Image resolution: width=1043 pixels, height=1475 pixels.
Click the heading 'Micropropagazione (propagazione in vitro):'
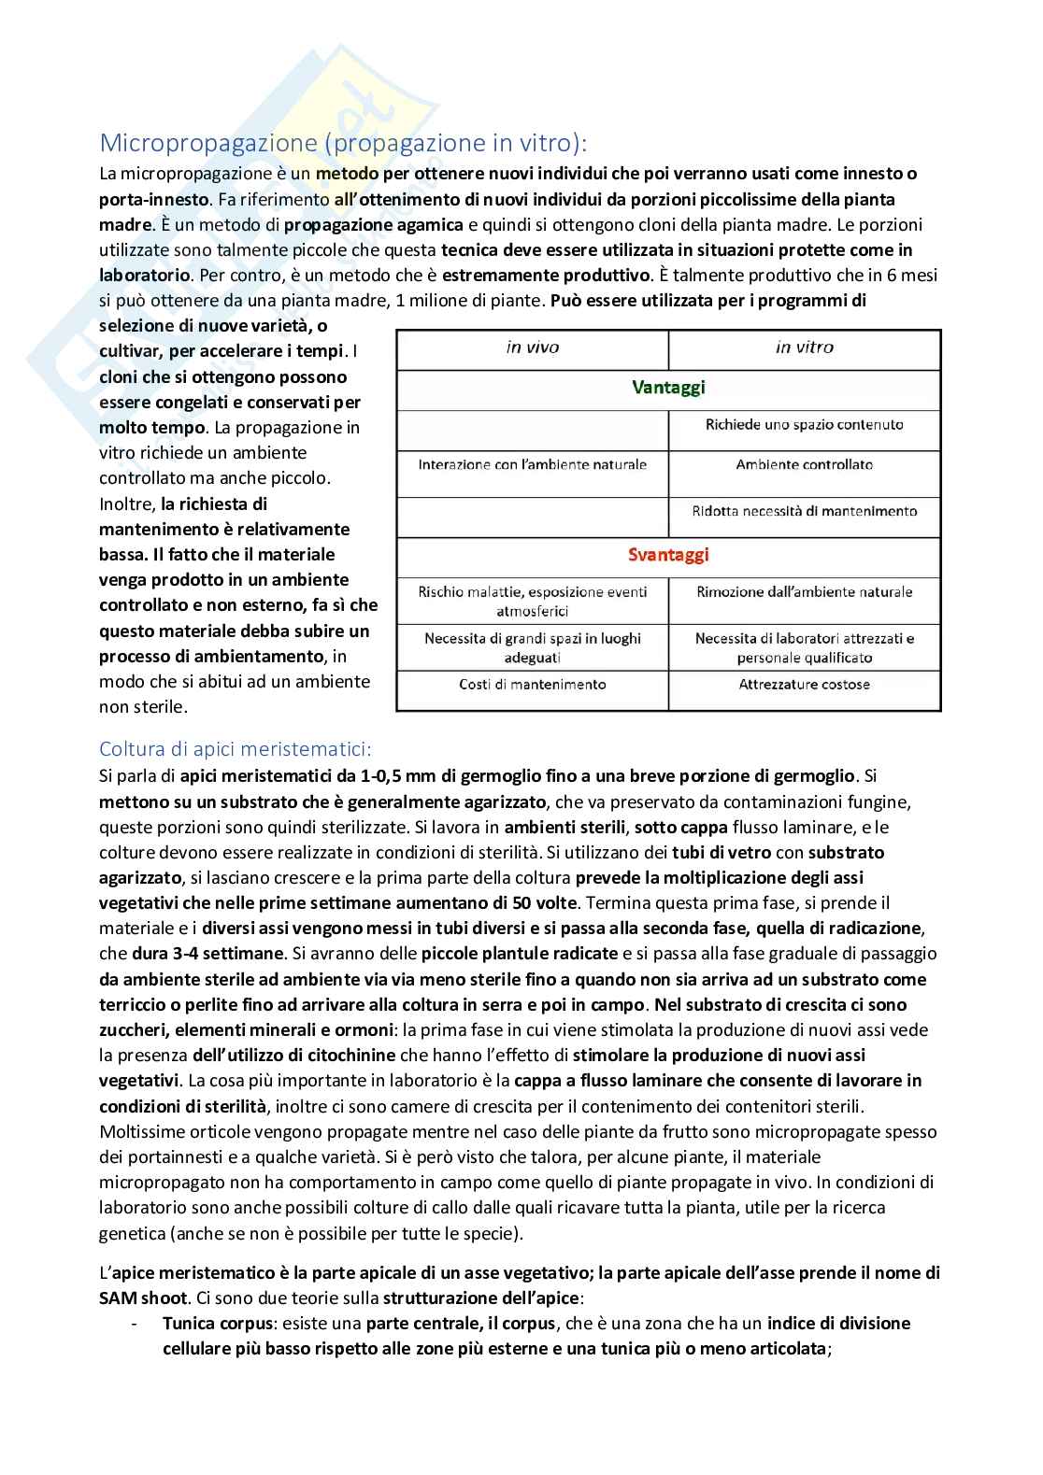(x=344, y=143)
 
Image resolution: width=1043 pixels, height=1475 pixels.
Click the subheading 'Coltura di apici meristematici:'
(x=236, y=749)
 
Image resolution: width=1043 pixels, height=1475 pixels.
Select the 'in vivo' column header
(x=533, y=347)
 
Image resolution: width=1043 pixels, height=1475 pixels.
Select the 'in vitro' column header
(x=804, y=347)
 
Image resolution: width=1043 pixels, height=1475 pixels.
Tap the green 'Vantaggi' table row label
(x=668, y=388)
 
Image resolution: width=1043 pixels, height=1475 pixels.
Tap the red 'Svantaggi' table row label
(x=668, y=555)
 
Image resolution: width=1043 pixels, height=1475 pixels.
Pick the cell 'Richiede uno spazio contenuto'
(x=804, y=425)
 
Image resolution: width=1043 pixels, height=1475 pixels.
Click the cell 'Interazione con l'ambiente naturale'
(x=533, y=465)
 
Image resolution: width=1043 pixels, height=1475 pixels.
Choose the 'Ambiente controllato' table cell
(x=804, y=465)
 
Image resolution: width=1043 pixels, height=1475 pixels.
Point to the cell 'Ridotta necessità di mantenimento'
(x=804, y=512)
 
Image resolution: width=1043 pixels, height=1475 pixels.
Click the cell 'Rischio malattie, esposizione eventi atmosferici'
(x=533, y=602)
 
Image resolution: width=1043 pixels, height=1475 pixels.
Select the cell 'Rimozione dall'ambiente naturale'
(x=804, y=592)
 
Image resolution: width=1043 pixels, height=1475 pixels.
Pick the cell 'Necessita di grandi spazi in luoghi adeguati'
(x=533, y=648)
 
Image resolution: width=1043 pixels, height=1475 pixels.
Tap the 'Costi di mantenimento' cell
(x=533, y=685)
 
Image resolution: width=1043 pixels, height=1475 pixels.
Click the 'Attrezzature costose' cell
(x=804, y=685)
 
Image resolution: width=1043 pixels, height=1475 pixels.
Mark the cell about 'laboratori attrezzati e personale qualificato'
(x=804, y=648)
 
